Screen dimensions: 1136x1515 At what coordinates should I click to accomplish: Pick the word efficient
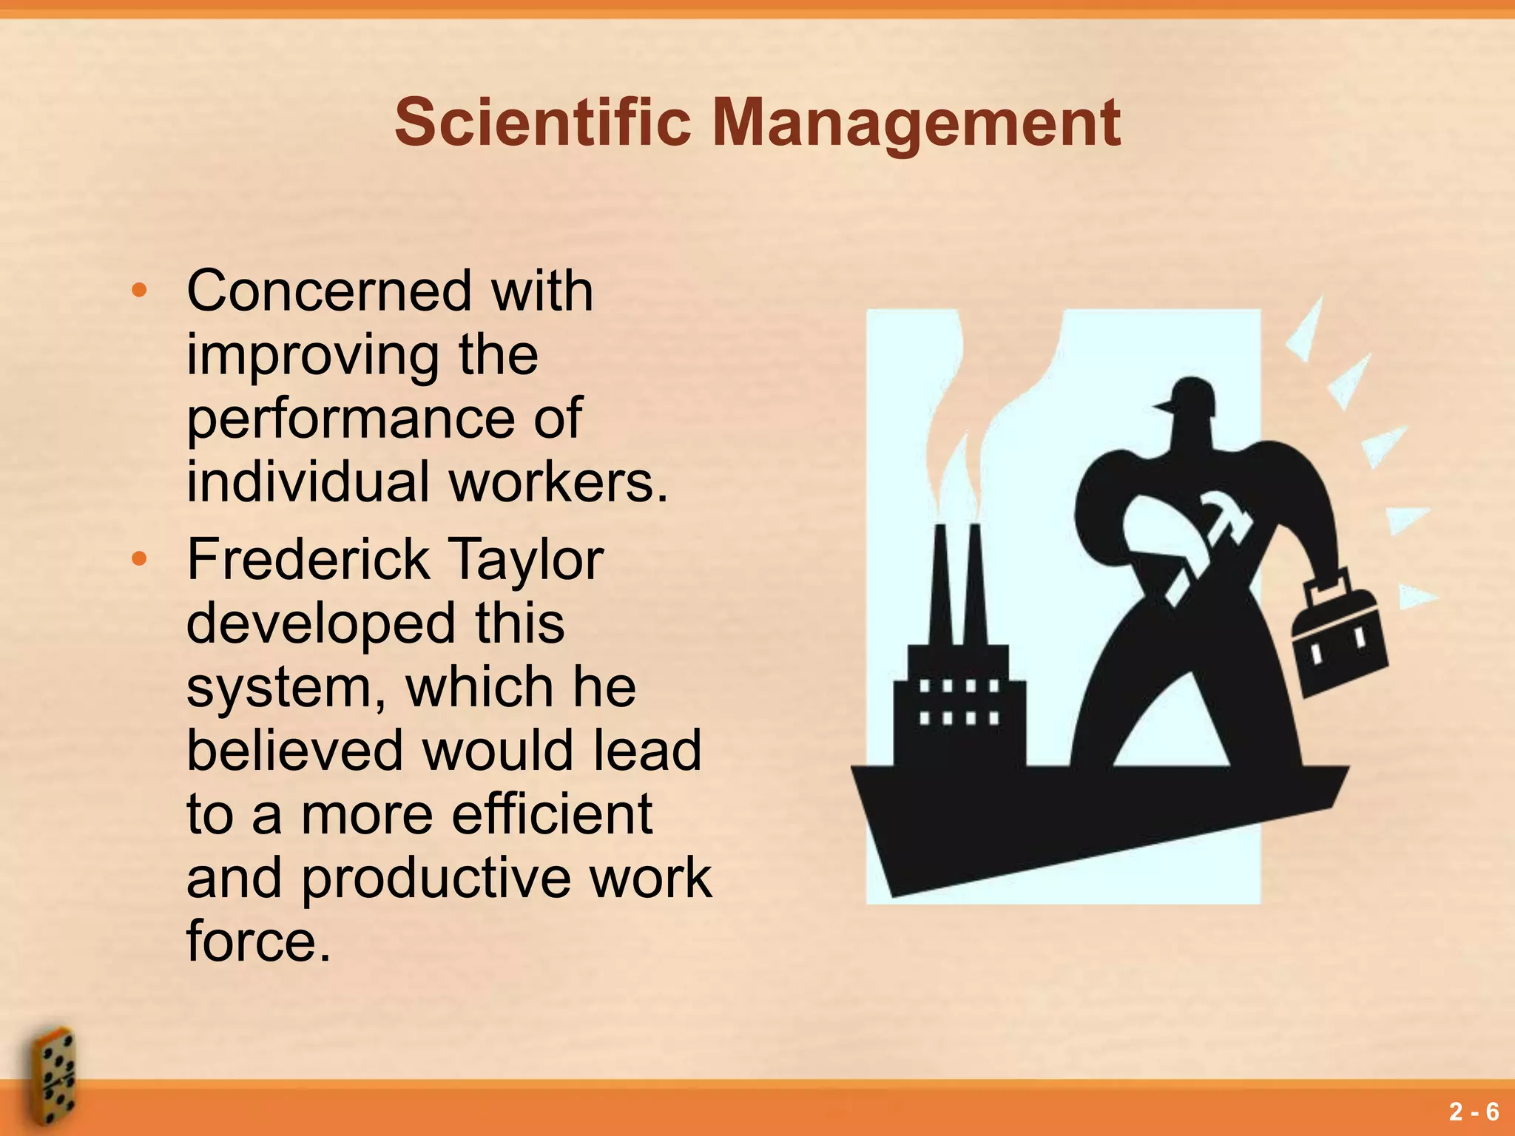[552, 814]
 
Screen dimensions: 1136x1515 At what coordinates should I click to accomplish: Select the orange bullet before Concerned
[138, 291]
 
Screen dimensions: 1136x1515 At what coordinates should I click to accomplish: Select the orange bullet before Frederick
[138, 559]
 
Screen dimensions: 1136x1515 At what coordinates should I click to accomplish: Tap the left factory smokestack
[941, 584]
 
